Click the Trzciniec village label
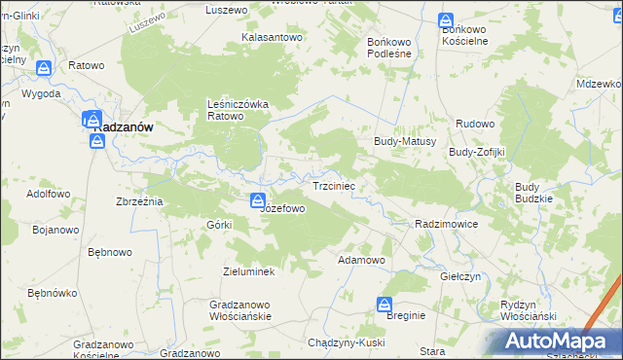[x=339, y=185]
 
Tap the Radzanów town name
[x=120, y=127]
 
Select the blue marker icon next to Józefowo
[x=258, y=201]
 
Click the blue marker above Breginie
[x=386, y=305]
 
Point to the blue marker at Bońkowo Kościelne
[x=445, y=20]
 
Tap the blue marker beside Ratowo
[x=44, y=68]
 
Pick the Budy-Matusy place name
[x=404, y=141]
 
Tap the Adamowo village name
[x=361, y=261]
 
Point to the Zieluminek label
[x=249, y=271]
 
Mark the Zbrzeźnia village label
[x=139, y=200]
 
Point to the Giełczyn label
[x=460, y=276]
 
